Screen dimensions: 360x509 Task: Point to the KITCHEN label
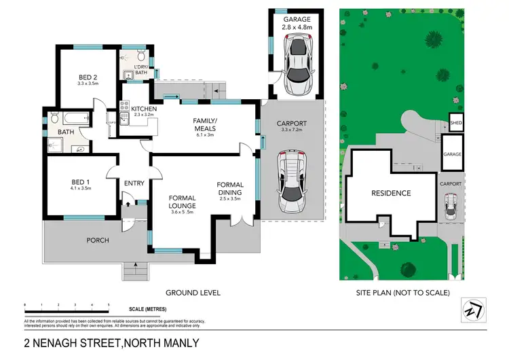pos(144,109)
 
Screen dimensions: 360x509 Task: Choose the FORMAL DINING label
pos(229,191)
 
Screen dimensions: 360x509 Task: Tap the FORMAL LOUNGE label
pos(183,205)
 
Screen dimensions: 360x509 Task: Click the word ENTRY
pos(134,183)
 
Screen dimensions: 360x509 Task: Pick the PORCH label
pos(96,240)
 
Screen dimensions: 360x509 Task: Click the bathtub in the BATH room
pos(72,118)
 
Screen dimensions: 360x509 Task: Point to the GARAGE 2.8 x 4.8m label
pos(297,24)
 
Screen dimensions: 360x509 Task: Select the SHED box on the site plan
pos(455,124)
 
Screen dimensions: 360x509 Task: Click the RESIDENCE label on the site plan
pos(390,194)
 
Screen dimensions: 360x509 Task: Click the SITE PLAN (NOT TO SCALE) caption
pos(402,293)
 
